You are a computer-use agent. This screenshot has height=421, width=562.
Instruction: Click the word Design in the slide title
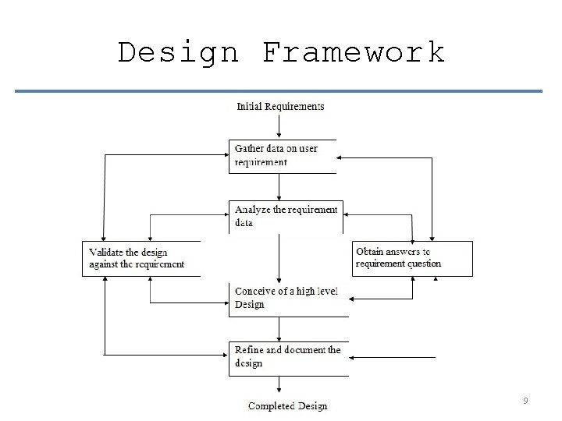click(x=178, y=53)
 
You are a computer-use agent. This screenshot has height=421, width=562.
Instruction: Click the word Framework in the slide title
click(x=353, y=53)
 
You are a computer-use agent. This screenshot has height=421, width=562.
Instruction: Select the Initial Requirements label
click(x=280, y=106)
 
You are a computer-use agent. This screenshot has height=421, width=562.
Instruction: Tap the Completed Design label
click(x=287, y=405)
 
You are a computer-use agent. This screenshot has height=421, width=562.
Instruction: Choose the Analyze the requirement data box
click(x=286, y=216)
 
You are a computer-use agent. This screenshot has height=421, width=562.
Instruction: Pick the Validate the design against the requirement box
click(x=140, y=258)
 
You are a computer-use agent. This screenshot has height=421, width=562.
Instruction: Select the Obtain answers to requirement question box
click(x=412, y=258)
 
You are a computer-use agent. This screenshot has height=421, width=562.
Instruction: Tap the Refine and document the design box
click(x=288, y=357)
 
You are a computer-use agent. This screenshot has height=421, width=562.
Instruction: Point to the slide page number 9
click(x=525, y=401)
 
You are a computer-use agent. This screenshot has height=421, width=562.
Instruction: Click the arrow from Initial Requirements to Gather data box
click(x=279, y=126)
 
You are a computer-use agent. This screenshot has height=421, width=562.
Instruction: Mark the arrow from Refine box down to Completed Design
click(x=279, y=385)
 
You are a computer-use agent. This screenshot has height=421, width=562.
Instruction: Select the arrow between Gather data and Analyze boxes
click(x=279, y=186)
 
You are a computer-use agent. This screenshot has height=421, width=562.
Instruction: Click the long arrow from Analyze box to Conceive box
click(x=279, y=257)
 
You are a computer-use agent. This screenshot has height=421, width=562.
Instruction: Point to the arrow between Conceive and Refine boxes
click(x=279, y=328)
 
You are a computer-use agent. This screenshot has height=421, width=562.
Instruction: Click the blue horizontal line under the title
click(x=278, y=91)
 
